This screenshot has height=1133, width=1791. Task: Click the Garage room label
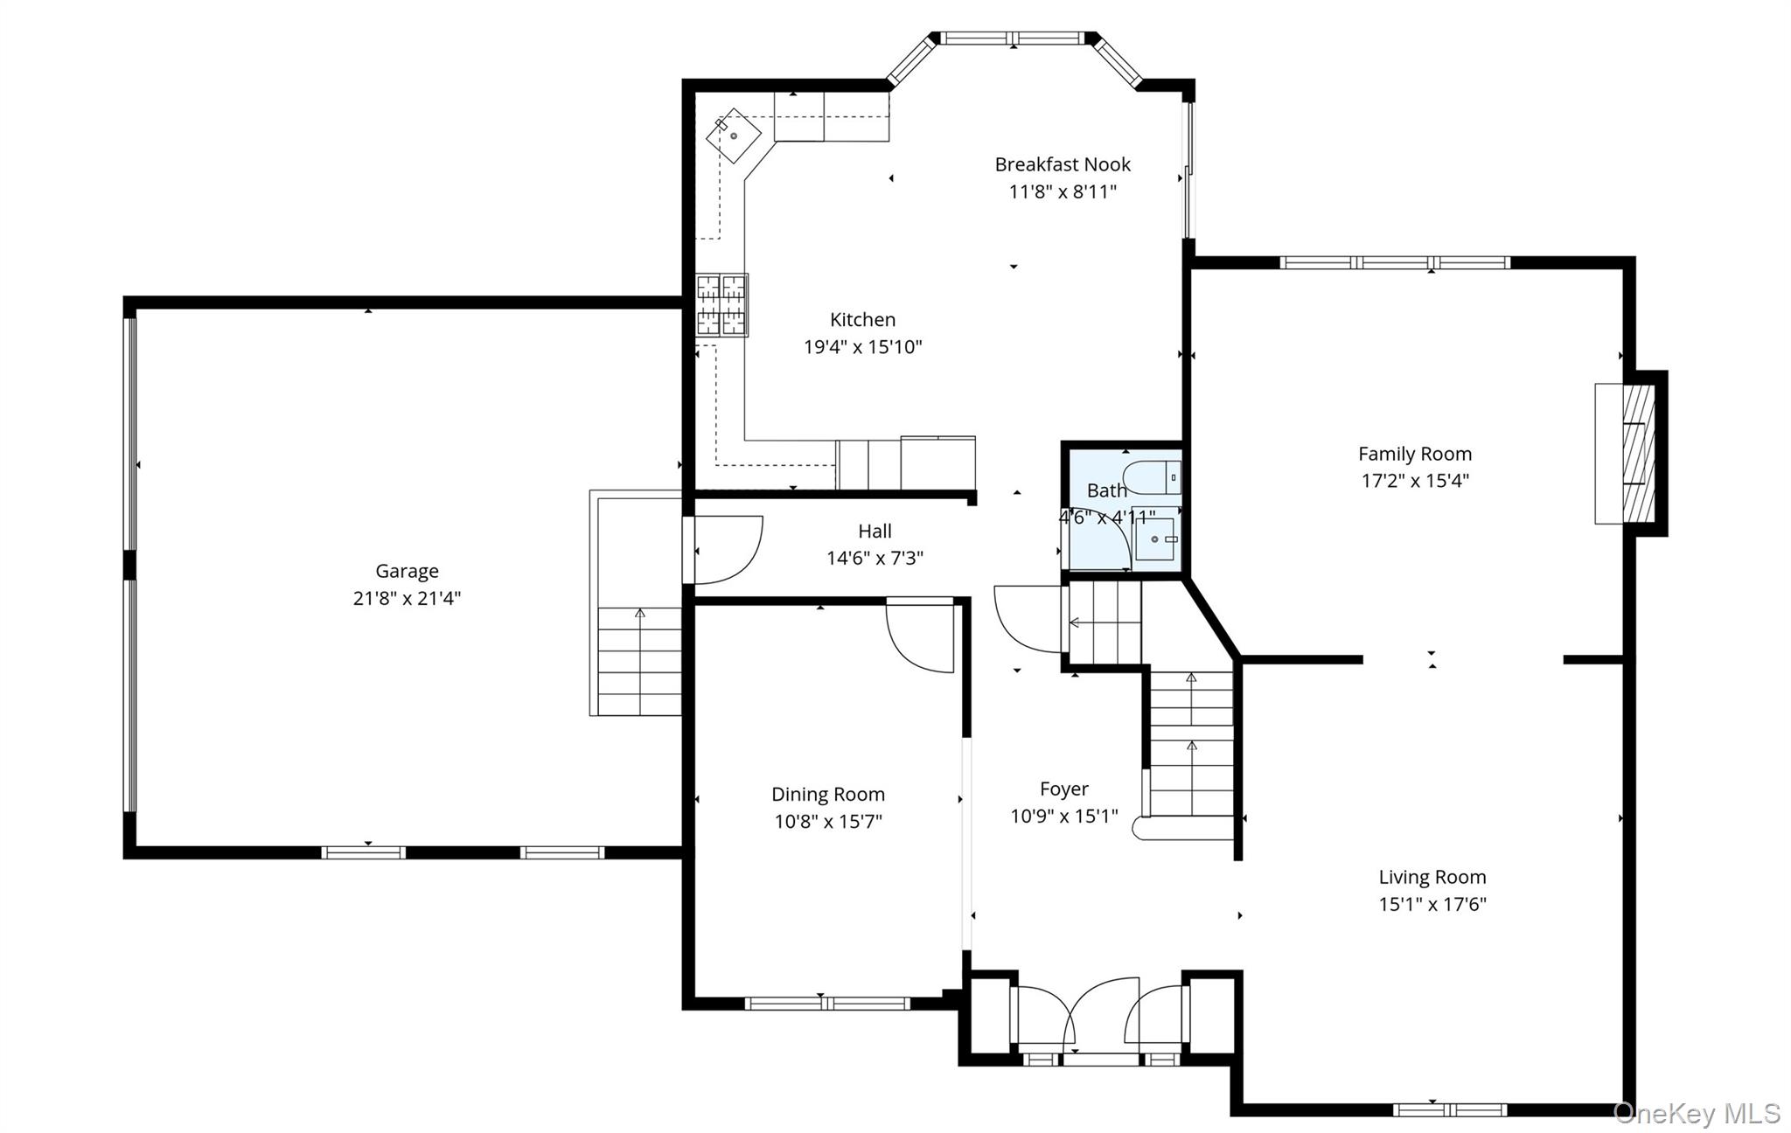click(407, 571)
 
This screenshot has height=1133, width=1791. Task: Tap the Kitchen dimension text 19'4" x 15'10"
click(863, 347)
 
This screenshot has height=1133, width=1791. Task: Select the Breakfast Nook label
click(1063, 164)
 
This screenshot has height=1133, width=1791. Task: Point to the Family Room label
click(1415, 454)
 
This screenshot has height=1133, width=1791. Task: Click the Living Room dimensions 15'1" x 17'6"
click(1432, 904)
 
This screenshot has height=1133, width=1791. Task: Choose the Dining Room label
click(828, 795)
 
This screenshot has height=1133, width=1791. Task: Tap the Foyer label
click(1064, 789)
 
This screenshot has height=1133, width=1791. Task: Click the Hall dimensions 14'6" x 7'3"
click(875, 558)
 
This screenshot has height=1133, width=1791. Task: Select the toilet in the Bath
click(1152, 478)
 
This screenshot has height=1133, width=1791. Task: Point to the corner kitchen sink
click(734, 136)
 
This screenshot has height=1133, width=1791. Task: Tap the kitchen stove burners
click(721, 305)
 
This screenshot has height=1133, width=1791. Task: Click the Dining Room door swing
click(920, 636)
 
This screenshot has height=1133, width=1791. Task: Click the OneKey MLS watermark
click(1697, 1113)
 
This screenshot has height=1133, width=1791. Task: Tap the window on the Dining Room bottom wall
click(827, 1004)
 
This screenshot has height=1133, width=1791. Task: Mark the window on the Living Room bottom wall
click(1450, 1110)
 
